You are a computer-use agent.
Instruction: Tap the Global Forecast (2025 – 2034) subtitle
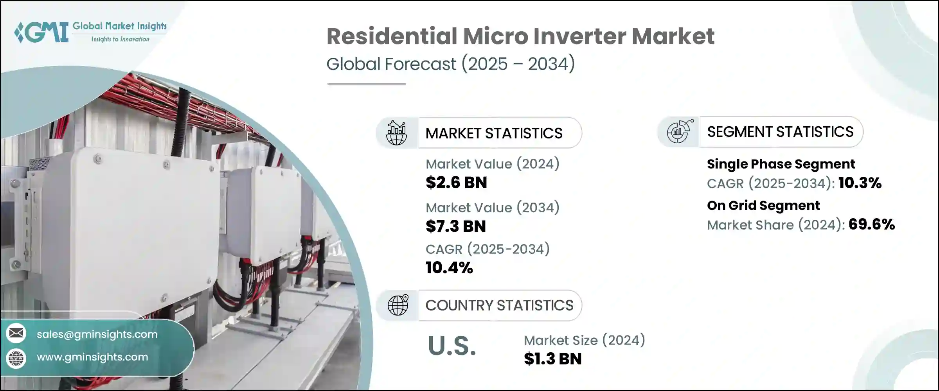[x=450, y=64]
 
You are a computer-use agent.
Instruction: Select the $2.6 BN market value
[x=456, y=183]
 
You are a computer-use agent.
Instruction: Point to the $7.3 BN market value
[x=455, y=226]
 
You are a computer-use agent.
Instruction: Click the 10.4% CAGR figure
[x=449, y=268]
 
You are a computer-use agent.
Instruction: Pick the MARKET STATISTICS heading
[x=494, y=133]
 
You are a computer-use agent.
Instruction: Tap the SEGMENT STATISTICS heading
[x=780, y=132]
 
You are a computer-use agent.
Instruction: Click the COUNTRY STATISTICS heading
[x=499, y=305]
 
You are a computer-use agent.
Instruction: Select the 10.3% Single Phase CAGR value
[x=860, y=183]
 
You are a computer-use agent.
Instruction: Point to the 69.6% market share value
[x=871, y=224]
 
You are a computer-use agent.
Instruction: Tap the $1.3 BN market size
[x=552, y=359]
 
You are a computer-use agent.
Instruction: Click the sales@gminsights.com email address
[x=97, y=334]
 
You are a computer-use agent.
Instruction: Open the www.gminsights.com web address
[x=92, y=357]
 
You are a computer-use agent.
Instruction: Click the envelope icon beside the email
[x=16, y=333]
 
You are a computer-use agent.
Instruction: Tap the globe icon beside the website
[x=16, y=358]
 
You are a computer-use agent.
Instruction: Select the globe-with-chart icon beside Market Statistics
[x=396, y=133]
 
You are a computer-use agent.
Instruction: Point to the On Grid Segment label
[x=763, y=206]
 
